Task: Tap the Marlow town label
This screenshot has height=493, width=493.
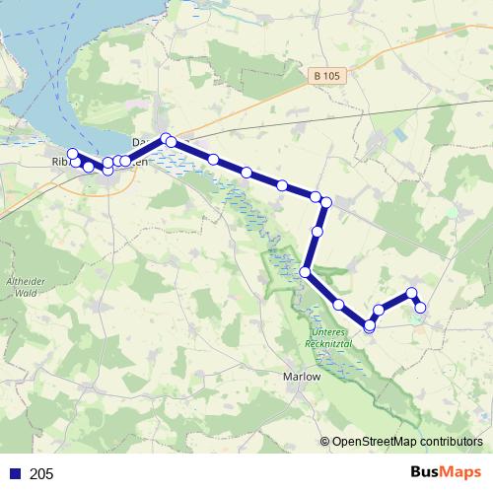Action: (x=301, y=376)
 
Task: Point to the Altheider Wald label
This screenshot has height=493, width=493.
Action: (x=21, y=285)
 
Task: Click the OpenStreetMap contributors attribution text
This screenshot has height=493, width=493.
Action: (x=407, y=442)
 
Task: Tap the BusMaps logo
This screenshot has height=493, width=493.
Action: (x=446, y=472)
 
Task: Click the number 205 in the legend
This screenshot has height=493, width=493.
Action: (x=41, y=474)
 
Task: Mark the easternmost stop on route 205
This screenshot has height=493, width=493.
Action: (x=420, y=308)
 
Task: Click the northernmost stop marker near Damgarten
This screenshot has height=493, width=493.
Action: (x=166, y=138)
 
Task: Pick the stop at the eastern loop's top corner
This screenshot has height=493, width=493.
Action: (x=412, y=293)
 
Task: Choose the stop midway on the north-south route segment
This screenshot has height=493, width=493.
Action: (x=317, y=232)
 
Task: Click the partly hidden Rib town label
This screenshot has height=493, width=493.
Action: (x=59, y=161)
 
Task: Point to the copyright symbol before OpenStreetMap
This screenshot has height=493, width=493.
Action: (x=325, y=442)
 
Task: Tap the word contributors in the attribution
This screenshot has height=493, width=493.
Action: (x=449, y=442)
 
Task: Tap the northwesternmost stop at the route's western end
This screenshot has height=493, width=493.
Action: (x=72, y=153)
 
